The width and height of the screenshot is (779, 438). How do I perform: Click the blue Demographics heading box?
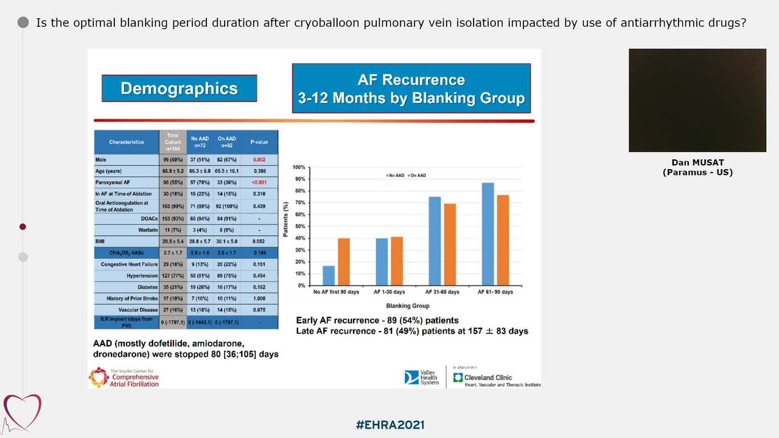(x=179, y=88)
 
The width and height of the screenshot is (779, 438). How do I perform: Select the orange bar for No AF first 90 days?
(x=344, y=262)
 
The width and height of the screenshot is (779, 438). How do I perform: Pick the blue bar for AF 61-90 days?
(x=487, y=234)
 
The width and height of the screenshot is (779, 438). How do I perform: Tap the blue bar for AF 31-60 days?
(x=435, y=242)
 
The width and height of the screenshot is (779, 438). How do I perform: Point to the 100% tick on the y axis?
(x=298, y=167)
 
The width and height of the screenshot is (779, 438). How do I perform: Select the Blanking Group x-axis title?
(x=407, y=306)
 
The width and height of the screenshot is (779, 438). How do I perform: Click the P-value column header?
(x=259, y=142)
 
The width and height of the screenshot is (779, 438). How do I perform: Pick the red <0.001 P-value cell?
(x=259, y=182)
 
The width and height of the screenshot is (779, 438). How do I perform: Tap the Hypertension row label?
(x=142, y=276)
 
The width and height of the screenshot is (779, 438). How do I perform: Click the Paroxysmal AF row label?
(x=113, y=182)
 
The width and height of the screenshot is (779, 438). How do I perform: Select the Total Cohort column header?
(x=173, y=142)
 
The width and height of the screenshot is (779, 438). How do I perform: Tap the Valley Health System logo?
(x=421, y=378)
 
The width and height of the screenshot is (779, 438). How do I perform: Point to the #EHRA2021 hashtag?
(x=389, y=425)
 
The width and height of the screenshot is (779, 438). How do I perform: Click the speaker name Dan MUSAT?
(x=697, y=162)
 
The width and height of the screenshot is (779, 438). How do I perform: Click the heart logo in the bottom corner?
(x=22, y=412)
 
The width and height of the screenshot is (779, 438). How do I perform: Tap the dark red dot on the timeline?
(x=23, y=227)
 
